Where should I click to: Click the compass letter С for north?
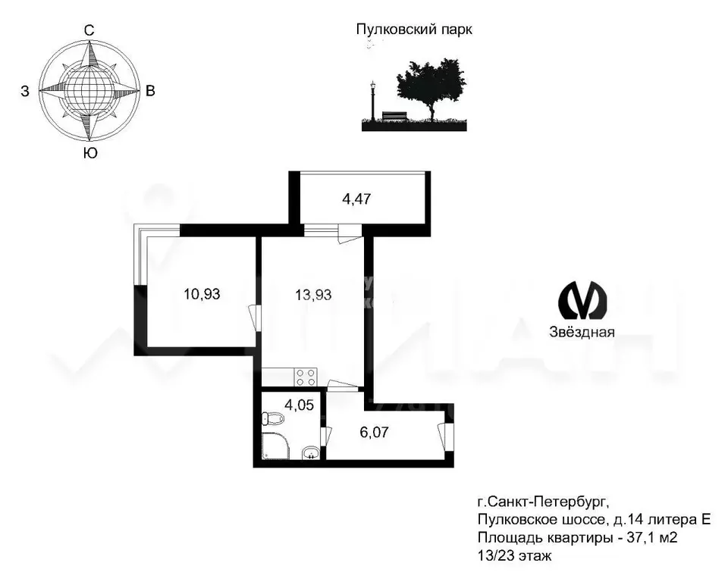[x=89, y=30]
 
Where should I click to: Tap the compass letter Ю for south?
[x=89, y=154]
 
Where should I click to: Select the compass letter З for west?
[x=25, y=92]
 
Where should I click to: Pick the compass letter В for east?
[x=150, y=92]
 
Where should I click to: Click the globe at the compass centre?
[x=89, y=92]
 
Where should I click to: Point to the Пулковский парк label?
[x=414, y=30]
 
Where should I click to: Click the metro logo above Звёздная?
[x=582, y=300]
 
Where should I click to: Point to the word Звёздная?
[x=582, y=331]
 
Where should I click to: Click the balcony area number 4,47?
[x=359, y=200]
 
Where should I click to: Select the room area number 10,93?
[x=202, y=294]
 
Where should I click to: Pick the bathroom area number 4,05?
[x=297, y=404]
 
